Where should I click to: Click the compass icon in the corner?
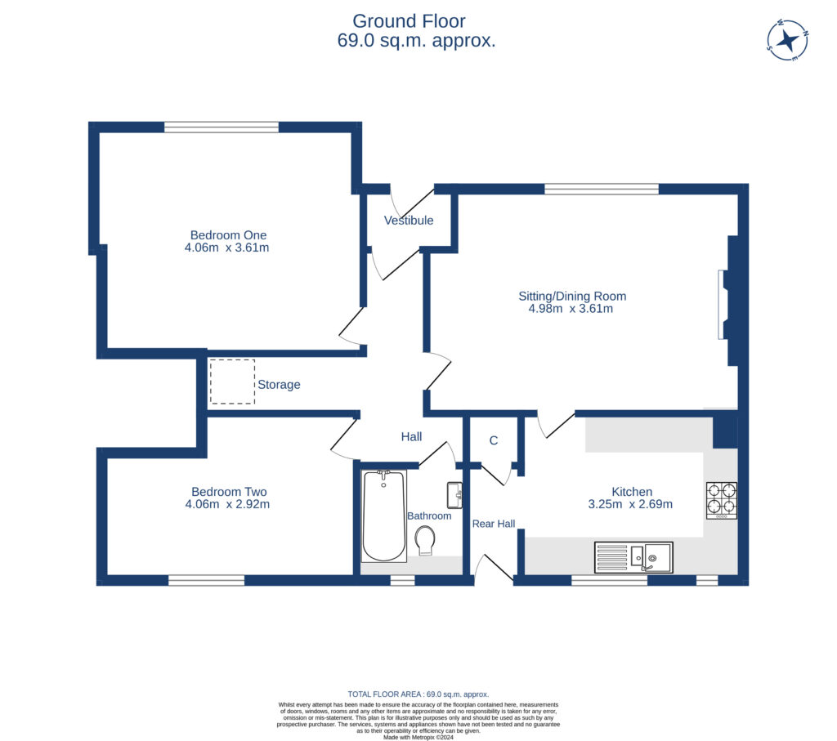(788, 40)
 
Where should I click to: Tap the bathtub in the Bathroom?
(383, 516)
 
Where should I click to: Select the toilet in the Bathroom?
(425, 540)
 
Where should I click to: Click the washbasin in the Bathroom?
(455, 493)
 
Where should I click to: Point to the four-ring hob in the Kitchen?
(722, 501)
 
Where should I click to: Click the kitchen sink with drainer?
(634, 557)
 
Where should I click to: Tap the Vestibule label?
(409, 221)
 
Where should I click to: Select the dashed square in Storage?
(232, 382)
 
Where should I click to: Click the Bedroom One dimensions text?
(227, 248)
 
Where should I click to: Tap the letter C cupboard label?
(494, 440)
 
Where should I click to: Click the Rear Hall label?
(494, 523)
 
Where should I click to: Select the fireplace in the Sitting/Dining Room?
(723, 304)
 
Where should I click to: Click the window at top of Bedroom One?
(221, 127)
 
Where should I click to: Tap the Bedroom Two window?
(206, 580)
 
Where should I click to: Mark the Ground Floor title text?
(410, 21)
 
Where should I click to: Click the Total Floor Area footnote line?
(418, 694)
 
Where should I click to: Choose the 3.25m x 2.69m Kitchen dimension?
(630, 504)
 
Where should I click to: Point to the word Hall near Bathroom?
(411, 437)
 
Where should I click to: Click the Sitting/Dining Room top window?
(601, 189)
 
